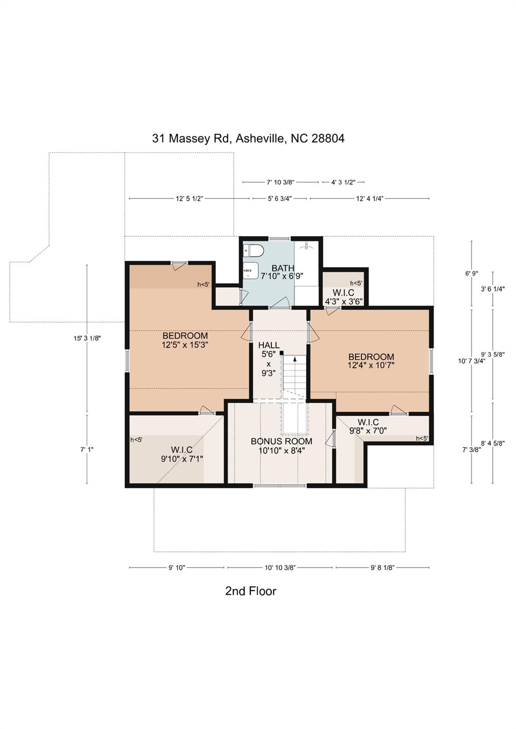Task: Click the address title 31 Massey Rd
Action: tap(248, 138)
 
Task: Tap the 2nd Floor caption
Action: tap(250, 591)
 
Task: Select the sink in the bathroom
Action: tap(250, 271)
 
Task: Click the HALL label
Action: tap(269, 345)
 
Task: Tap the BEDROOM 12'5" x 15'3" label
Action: tap(185, 340)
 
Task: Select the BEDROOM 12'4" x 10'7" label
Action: tap(371, 361)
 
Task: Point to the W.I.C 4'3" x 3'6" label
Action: tap(343, 297)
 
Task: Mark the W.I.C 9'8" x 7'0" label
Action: tap(368, 426)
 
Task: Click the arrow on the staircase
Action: tap(295, 359)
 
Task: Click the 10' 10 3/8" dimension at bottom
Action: tap(280, 567)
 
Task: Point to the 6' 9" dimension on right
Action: tap(471, 273)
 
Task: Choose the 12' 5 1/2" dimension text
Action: tap(189, 199)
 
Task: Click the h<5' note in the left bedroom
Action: tap(203, 284)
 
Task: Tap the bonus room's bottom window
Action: tap(279, 485)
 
